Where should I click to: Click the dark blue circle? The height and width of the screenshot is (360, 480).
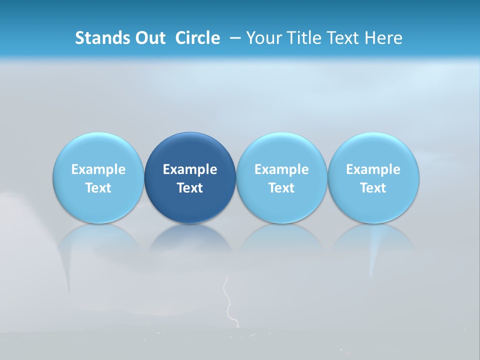(x=190, y=177)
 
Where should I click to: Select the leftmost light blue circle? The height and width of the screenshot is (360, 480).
(x=98, y=177)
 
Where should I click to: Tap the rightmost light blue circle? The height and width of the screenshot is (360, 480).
(x=373, y=177)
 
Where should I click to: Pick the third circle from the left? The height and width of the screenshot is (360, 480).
(x=281, y=177)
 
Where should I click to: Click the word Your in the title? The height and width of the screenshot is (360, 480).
(x=263, y=38)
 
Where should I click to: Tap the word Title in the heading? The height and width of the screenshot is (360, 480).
(x=301, y=38)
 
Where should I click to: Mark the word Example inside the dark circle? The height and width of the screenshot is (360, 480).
(x=190, y=169)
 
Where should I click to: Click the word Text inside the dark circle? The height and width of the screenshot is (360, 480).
(x=190, y=188)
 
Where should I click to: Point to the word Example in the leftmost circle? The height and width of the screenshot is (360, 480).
(x=98, y=169)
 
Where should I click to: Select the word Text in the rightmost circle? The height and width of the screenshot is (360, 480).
(x=373, y=188)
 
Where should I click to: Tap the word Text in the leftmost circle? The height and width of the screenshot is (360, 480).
(x=98, y=188)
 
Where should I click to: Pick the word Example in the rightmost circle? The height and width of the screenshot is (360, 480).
(x=373, y=169)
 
